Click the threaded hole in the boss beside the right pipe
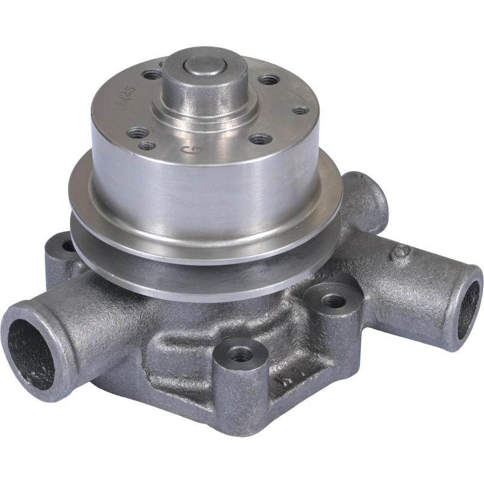[x=330, y=300]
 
